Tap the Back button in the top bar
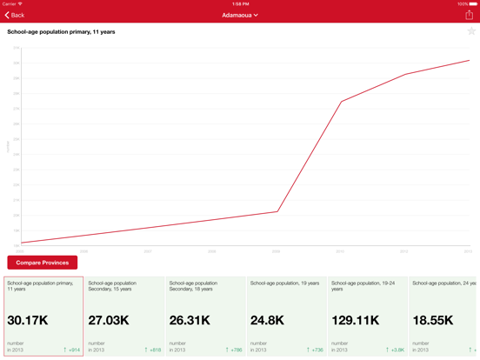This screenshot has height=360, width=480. coord(15,15)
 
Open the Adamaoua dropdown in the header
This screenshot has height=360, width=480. coord(240,15)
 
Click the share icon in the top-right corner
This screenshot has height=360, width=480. coord(470,15)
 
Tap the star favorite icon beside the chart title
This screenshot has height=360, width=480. coord(471,31)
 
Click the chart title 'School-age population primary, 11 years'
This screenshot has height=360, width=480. coord(61,32)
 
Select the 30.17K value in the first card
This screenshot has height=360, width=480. coord(28,321)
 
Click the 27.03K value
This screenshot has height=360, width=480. coord(109,321)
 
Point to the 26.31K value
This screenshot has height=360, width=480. coord(190,321)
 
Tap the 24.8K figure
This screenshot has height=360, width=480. coord(267,321)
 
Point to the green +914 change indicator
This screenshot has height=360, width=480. coord(72,350)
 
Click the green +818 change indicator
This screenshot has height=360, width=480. coord(153,350)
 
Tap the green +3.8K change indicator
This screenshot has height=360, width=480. coord(395,350)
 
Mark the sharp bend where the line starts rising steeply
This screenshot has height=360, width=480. coord(277,211)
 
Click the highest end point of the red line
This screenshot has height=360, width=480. coord(470,60)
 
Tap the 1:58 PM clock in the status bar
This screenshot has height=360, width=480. coord(240,3)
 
